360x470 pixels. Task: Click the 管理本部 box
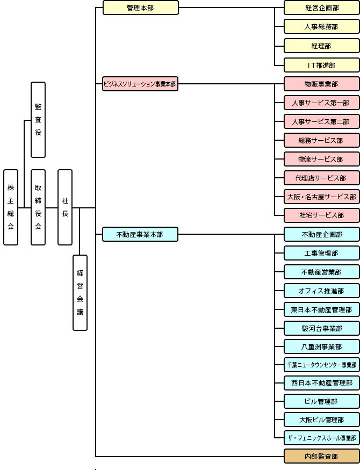pos(140,8)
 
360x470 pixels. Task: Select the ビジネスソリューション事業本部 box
pos(140,84)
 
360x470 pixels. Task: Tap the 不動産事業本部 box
pos(140,234)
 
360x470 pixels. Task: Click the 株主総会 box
pos(11,207)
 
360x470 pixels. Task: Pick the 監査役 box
pos(38,120)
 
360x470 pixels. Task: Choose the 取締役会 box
pos(38,207)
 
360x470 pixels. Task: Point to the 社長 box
pos(65,207)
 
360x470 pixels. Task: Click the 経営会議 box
pos(80,293)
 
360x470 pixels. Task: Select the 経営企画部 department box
pos(321,8)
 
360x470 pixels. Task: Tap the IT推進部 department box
pos(321,65)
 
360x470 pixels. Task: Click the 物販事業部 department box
pos(321,84)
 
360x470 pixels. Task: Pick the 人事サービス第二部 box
pos(321,121)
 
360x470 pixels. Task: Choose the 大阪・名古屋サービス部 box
pos(321,197)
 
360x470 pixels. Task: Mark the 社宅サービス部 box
pos(321,215)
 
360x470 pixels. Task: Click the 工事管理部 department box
pos(321,253)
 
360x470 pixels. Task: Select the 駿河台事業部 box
pos(321,328)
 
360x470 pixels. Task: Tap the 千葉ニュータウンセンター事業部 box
pos(321,365)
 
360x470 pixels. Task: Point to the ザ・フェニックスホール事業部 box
pos(321,438)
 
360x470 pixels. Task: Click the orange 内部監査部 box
pos(321,457)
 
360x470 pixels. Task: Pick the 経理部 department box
pos(321,46)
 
